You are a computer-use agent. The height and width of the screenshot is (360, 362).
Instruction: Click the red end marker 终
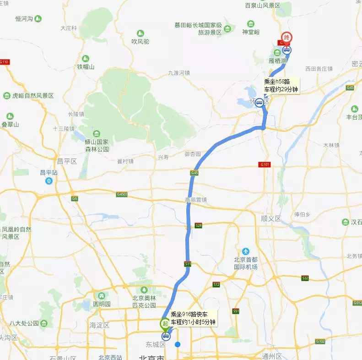[x=287, y=38]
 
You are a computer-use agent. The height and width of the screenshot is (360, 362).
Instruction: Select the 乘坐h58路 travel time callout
[x=281, y=86]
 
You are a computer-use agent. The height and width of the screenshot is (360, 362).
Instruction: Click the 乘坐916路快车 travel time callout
[x=193, y=318]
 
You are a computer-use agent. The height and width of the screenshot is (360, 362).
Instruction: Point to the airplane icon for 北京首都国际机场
[x=246, y=251]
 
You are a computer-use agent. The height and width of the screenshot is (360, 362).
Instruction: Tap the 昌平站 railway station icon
[x=49, y=180]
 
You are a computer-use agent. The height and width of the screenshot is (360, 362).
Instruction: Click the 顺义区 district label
[x=270, y=218]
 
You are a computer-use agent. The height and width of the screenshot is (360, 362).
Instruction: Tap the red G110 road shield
[x=5, y=62]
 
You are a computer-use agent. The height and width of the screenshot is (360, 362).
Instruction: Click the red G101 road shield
[x=264, y=164]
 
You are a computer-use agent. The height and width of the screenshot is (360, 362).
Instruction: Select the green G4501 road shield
[x=122, y=195]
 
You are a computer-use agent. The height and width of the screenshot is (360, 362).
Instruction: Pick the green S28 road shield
[x=198, y=226]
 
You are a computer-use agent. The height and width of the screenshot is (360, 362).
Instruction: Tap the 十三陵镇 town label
[x=64, y=129]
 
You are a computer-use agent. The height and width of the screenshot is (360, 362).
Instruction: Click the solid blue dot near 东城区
[x=178, y=344]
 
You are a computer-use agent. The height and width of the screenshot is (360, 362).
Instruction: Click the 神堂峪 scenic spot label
[x=251, y=32]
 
